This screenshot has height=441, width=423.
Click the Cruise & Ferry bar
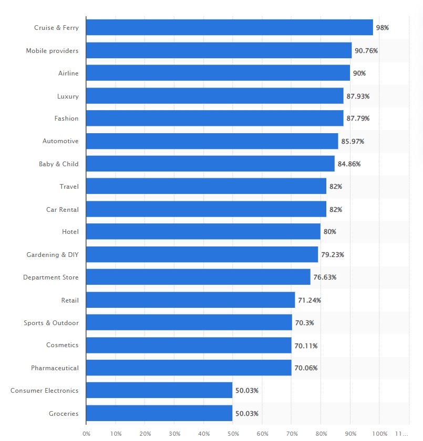click(x=229, y=27)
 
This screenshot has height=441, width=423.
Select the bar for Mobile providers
click(x=219, y=50)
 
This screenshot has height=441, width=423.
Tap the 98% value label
click(x=382, y=27)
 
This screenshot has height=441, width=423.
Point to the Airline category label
click(x=68, y=73)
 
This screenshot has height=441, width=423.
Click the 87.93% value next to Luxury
click(x=358, y=96)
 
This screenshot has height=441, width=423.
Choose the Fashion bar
click(x=214, y=119)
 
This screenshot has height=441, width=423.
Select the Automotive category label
click(x=60, y=141)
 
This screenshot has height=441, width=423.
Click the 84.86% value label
click(x=349, y=164)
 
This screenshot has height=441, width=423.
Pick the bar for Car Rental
click(x=206, y=209)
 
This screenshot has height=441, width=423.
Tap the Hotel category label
click(x=70, y=232)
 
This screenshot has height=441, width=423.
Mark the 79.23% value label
click(x=333, y=254)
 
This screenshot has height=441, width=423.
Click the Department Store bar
click(x=198, y=277)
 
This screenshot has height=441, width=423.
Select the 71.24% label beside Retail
click(x=309, y=300)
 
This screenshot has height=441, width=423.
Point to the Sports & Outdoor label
click(x=51, y=322)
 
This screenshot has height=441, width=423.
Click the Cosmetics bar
click(x=189, y=345)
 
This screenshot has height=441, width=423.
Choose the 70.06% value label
click(x=306, y=368)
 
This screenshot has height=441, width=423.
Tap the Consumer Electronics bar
click(x=159, y=390)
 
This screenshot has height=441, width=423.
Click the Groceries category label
click(x=64, y=413)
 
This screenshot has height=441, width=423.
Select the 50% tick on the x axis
click(x=233, y=434)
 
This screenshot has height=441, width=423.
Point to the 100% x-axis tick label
click(x=379, y=434)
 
